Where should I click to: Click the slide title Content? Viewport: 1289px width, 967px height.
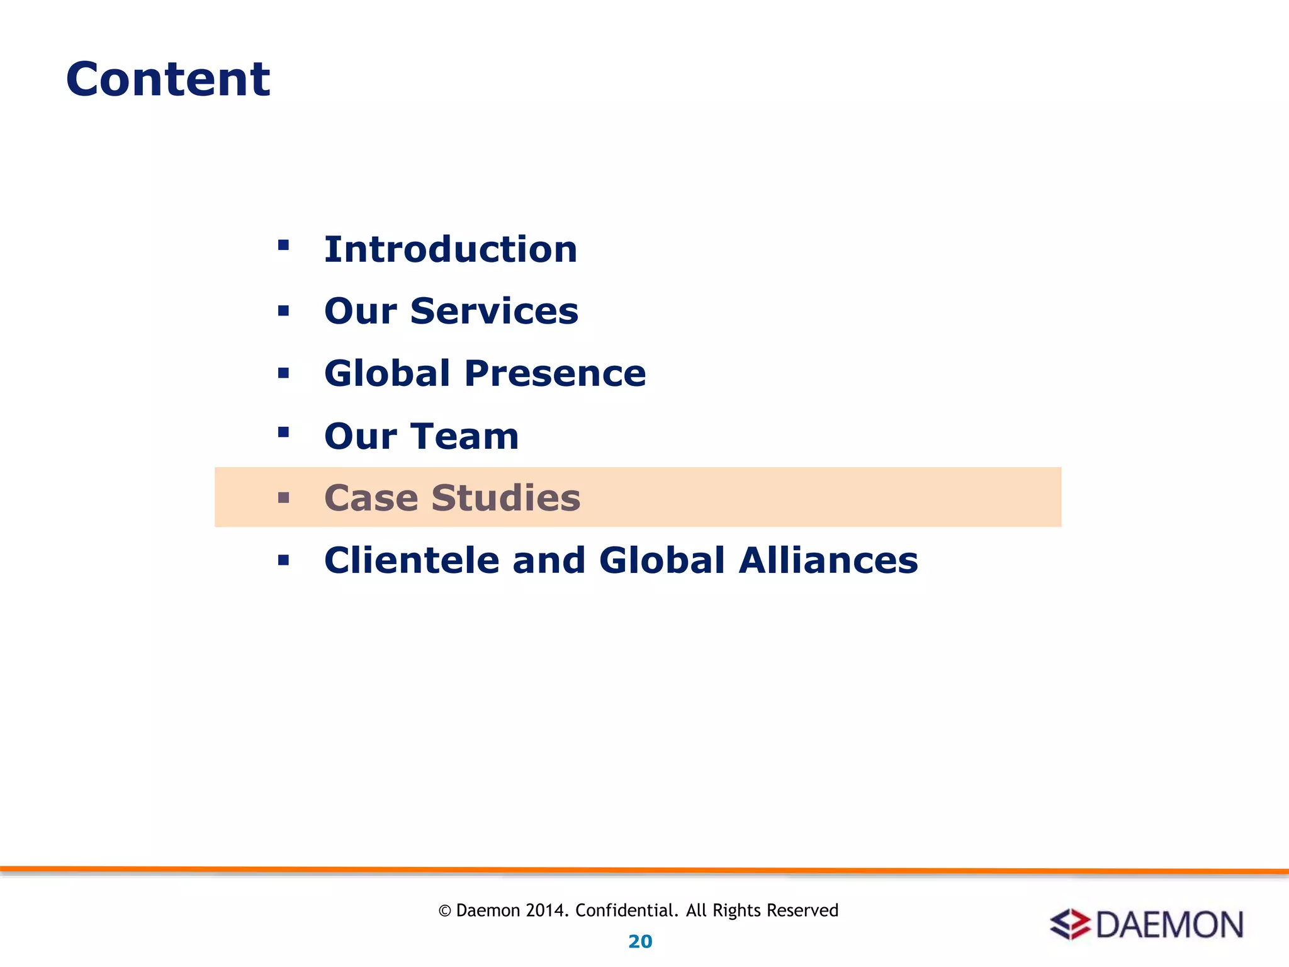pos(168,79)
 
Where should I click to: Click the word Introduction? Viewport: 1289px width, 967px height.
pos(451,249)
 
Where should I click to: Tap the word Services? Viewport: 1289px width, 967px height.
pos(494,311)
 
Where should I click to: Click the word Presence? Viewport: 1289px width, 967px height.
pos(554,373)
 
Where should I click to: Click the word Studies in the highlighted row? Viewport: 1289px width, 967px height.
pos(505,498)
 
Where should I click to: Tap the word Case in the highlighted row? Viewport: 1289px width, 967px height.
pos(371,498)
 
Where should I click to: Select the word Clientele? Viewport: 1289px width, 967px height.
pos(412,560)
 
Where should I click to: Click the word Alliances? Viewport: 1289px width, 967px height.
pos(828,560)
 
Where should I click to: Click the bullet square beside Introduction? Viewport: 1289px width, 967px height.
pos(283,245)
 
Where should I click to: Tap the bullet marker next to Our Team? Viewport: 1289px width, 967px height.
pos(283,432)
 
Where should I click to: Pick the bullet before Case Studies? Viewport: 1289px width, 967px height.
pos(283,499)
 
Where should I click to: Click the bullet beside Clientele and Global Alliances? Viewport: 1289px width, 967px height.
pos(283,560)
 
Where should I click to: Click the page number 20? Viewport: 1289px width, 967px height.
pos(640,942)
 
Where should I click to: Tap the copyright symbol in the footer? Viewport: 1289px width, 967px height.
pos(445,911)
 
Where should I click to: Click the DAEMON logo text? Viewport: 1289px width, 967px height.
pos(1169,925)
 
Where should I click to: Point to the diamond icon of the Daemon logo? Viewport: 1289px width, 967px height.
pos(1070,925)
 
